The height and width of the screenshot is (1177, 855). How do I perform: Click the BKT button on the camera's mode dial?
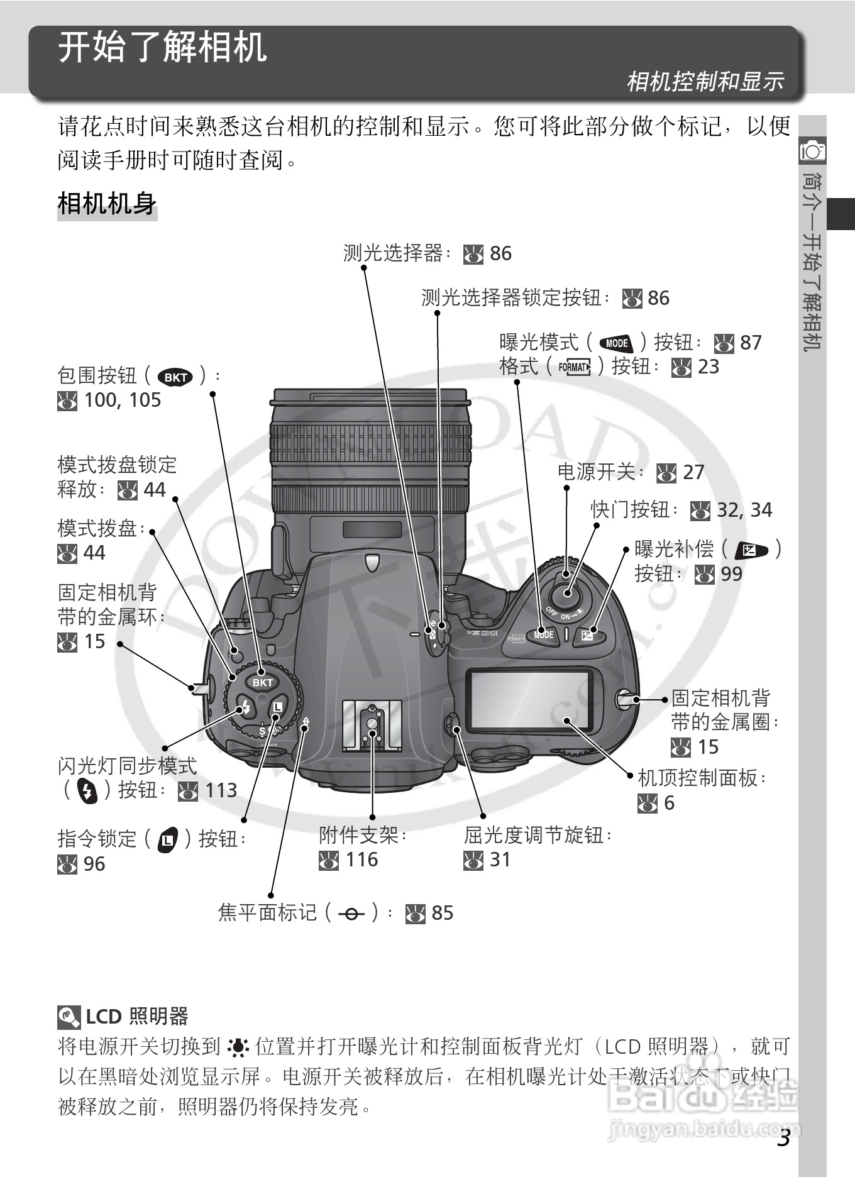coord(263,682)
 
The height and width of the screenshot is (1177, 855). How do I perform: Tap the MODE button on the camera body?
coord(543,634)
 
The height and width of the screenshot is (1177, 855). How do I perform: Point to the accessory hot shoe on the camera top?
coord(372,726)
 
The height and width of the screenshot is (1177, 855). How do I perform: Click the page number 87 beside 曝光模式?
coord(751,343)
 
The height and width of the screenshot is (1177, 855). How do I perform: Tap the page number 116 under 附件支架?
coord(361,859)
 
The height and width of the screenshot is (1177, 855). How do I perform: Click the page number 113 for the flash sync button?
coord(221,790)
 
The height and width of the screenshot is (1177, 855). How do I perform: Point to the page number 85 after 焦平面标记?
coord(442,913)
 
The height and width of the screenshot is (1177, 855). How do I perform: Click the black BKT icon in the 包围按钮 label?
coord(175,377)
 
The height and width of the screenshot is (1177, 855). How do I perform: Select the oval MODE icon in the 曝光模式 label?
coord(617,343)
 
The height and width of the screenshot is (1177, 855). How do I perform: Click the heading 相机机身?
coord(107,204)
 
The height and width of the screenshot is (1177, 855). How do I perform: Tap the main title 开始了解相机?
coord(162,47)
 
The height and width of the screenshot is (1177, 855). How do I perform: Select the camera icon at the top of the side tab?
coord(812,151)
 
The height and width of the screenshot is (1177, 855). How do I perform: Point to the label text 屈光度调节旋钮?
coord(534,836)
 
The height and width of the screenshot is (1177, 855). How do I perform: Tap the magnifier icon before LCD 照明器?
coord(68,1017)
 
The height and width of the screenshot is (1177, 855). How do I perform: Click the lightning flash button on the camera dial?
coord(245,709)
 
